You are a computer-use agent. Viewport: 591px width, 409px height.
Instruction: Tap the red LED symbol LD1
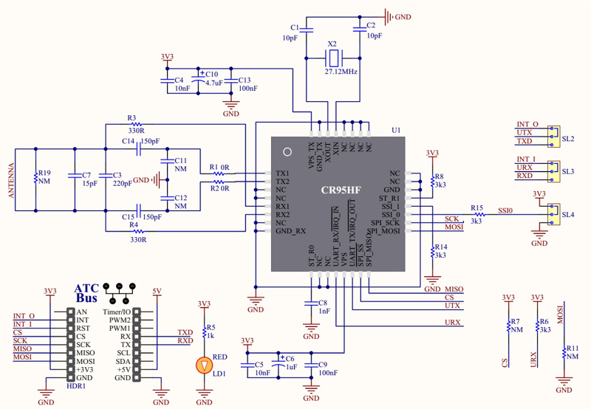(x=204, y=365)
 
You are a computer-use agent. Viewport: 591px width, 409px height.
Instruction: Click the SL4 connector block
(x=552, y=215)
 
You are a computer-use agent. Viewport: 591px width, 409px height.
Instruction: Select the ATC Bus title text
(x=87, y=293)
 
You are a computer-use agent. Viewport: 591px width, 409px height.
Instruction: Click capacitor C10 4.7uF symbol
(x=198, y=79)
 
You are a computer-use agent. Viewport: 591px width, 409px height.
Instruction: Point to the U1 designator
(x=396, y=130)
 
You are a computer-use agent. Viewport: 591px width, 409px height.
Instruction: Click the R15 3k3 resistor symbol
(x=477, y=215)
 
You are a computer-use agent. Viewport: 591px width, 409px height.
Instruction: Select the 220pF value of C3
(x=113, y=184)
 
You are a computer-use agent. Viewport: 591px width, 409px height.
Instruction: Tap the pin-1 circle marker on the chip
(x=287, y=152)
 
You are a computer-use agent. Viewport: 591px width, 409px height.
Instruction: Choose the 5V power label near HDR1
(x=157, y=292)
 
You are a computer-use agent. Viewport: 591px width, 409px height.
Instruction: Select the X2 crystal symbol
(x=334, y=57)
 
